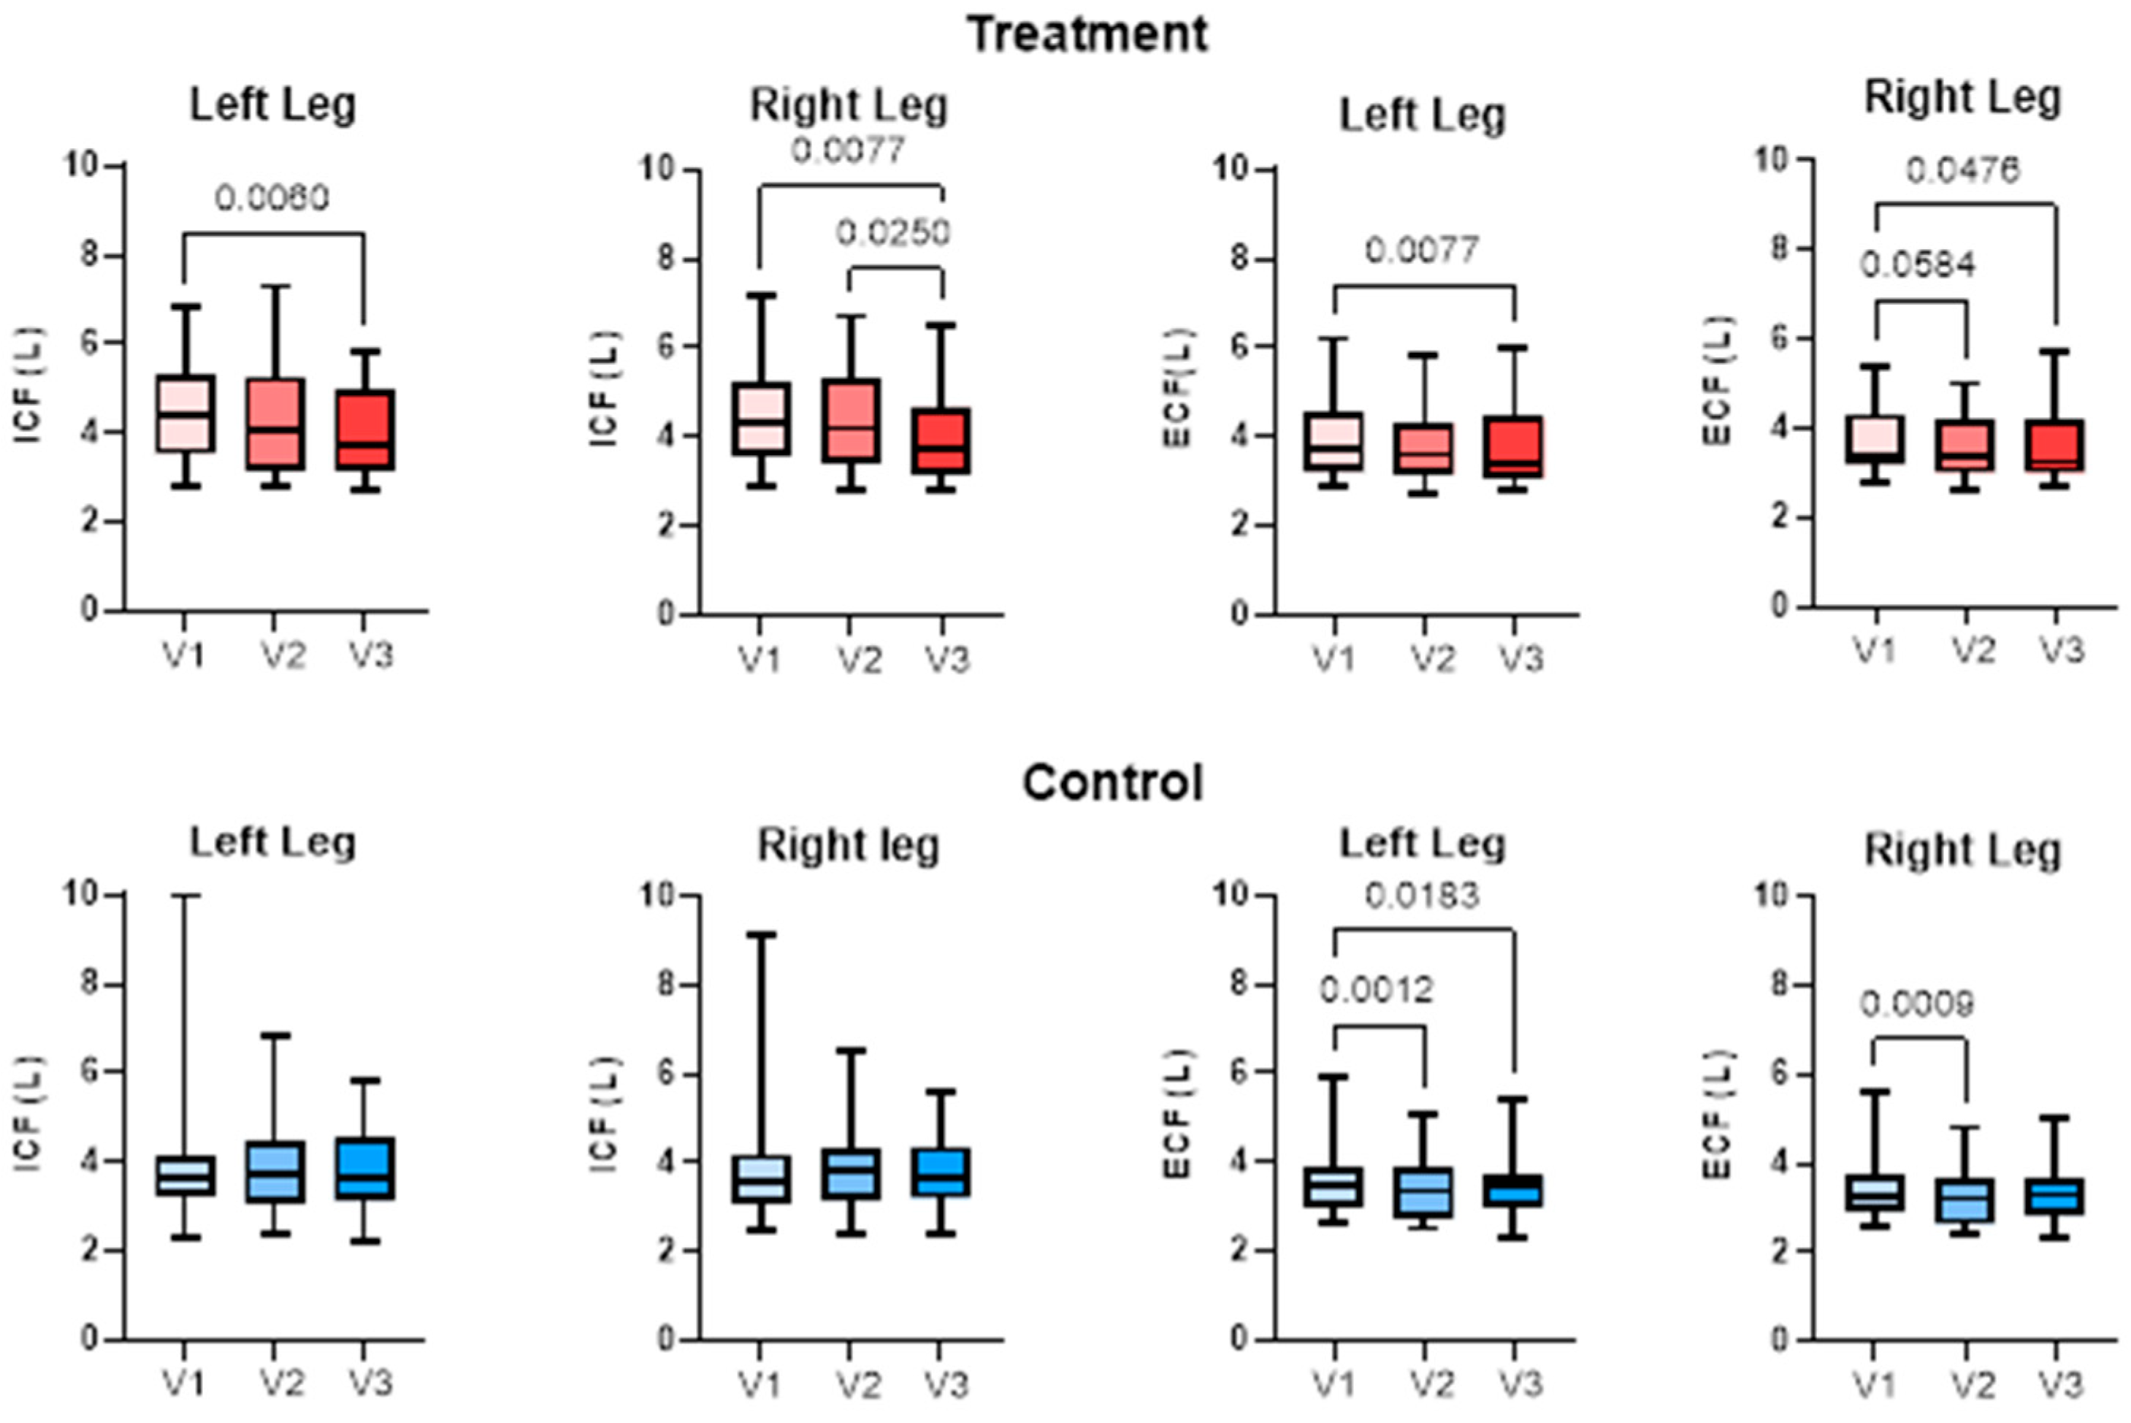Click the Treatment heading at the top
[x=1087, y=34]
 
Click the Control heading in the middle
[x=1112, y=782]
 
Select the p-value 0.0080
[x=272, y=198]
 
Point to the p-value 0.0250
[x=894, y=233]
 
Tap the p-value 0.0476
[x=1963, y=169]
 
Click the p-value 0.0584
[x=1918, y=265]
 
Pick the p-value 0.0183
[x=1422, y=896]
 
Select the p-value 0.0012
[x=1376, y=990]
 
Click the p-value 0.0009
[x=1917, y=1004]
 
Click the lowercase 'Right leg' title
[x=848, y=846]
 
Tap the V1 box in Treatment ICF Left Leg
[x=185, y=413]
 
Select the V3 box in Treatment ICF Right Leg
[x=941, y=440]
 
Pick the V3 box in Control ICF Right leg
[x=941, y=1172]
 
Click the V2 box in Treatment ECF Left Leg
[x=1423, y=449]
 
